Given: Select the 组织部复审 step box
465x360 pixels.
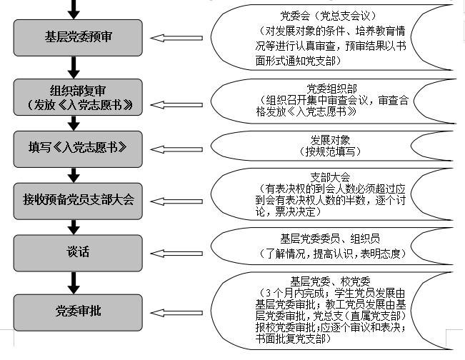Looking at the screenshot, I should [x=74, y=97].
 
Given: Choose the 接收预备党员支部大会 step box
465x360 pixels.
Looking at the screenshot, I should [x=74, y=199].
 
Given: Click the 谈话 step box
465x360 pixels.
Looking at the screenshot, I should [x=74, y=251].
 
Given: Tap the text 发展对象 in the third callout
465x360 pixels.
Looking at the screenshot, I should [x=329, y=139].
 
